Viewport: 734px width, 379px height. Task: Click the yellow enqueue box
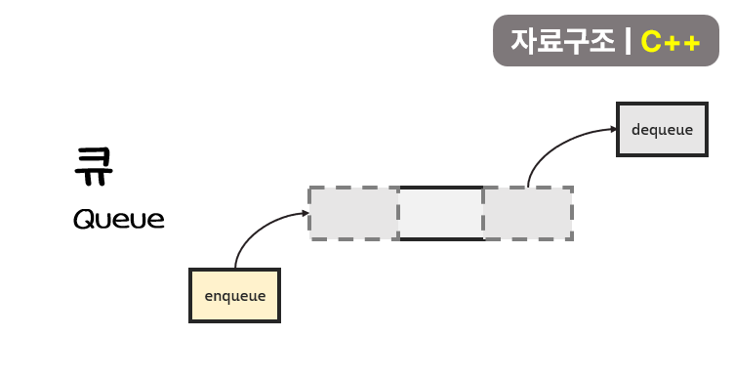(x=234, y=295)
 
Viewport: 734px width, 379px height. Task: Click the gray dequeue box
(x=662, y=129)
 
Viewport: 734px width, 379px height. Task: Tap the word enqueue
(x=235, y=297)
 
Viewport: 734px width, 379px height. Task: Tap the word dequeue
(x=662, y=129)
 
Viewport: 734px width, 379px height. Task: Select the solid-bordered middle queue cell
(x=441, y=214)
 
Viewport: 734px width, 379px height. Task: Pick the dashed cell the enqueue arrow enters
(x=354, y=214)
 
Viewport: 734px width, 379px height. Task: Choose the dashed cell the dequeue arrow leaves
(x=528, y=214)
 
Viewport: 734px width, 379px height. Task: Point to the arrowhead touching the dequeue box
(x=614, y=129)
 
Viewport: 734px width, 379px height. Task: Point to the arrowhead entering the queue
(x=306, y=213)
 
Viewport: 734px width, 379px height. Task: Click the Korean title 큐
(x=94, y=166)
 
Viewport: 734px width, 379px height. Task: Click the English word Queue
(x=119, y=219)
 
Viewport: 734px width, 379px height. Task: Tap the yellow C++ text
(x=671, y=42)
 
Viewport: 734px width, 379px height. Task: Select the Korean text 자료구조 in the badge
(x=562, y=41)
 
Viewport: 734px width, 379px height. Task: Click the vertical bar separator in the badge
(x=628, y=41)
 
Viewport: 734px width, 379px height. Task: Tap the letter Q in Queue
(x=84, y=219)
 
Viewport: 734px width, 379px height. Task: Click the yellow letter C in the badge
(x=651, y=42)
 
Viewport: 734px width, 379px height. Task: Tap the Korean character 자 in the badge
(x=523, y=41)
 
